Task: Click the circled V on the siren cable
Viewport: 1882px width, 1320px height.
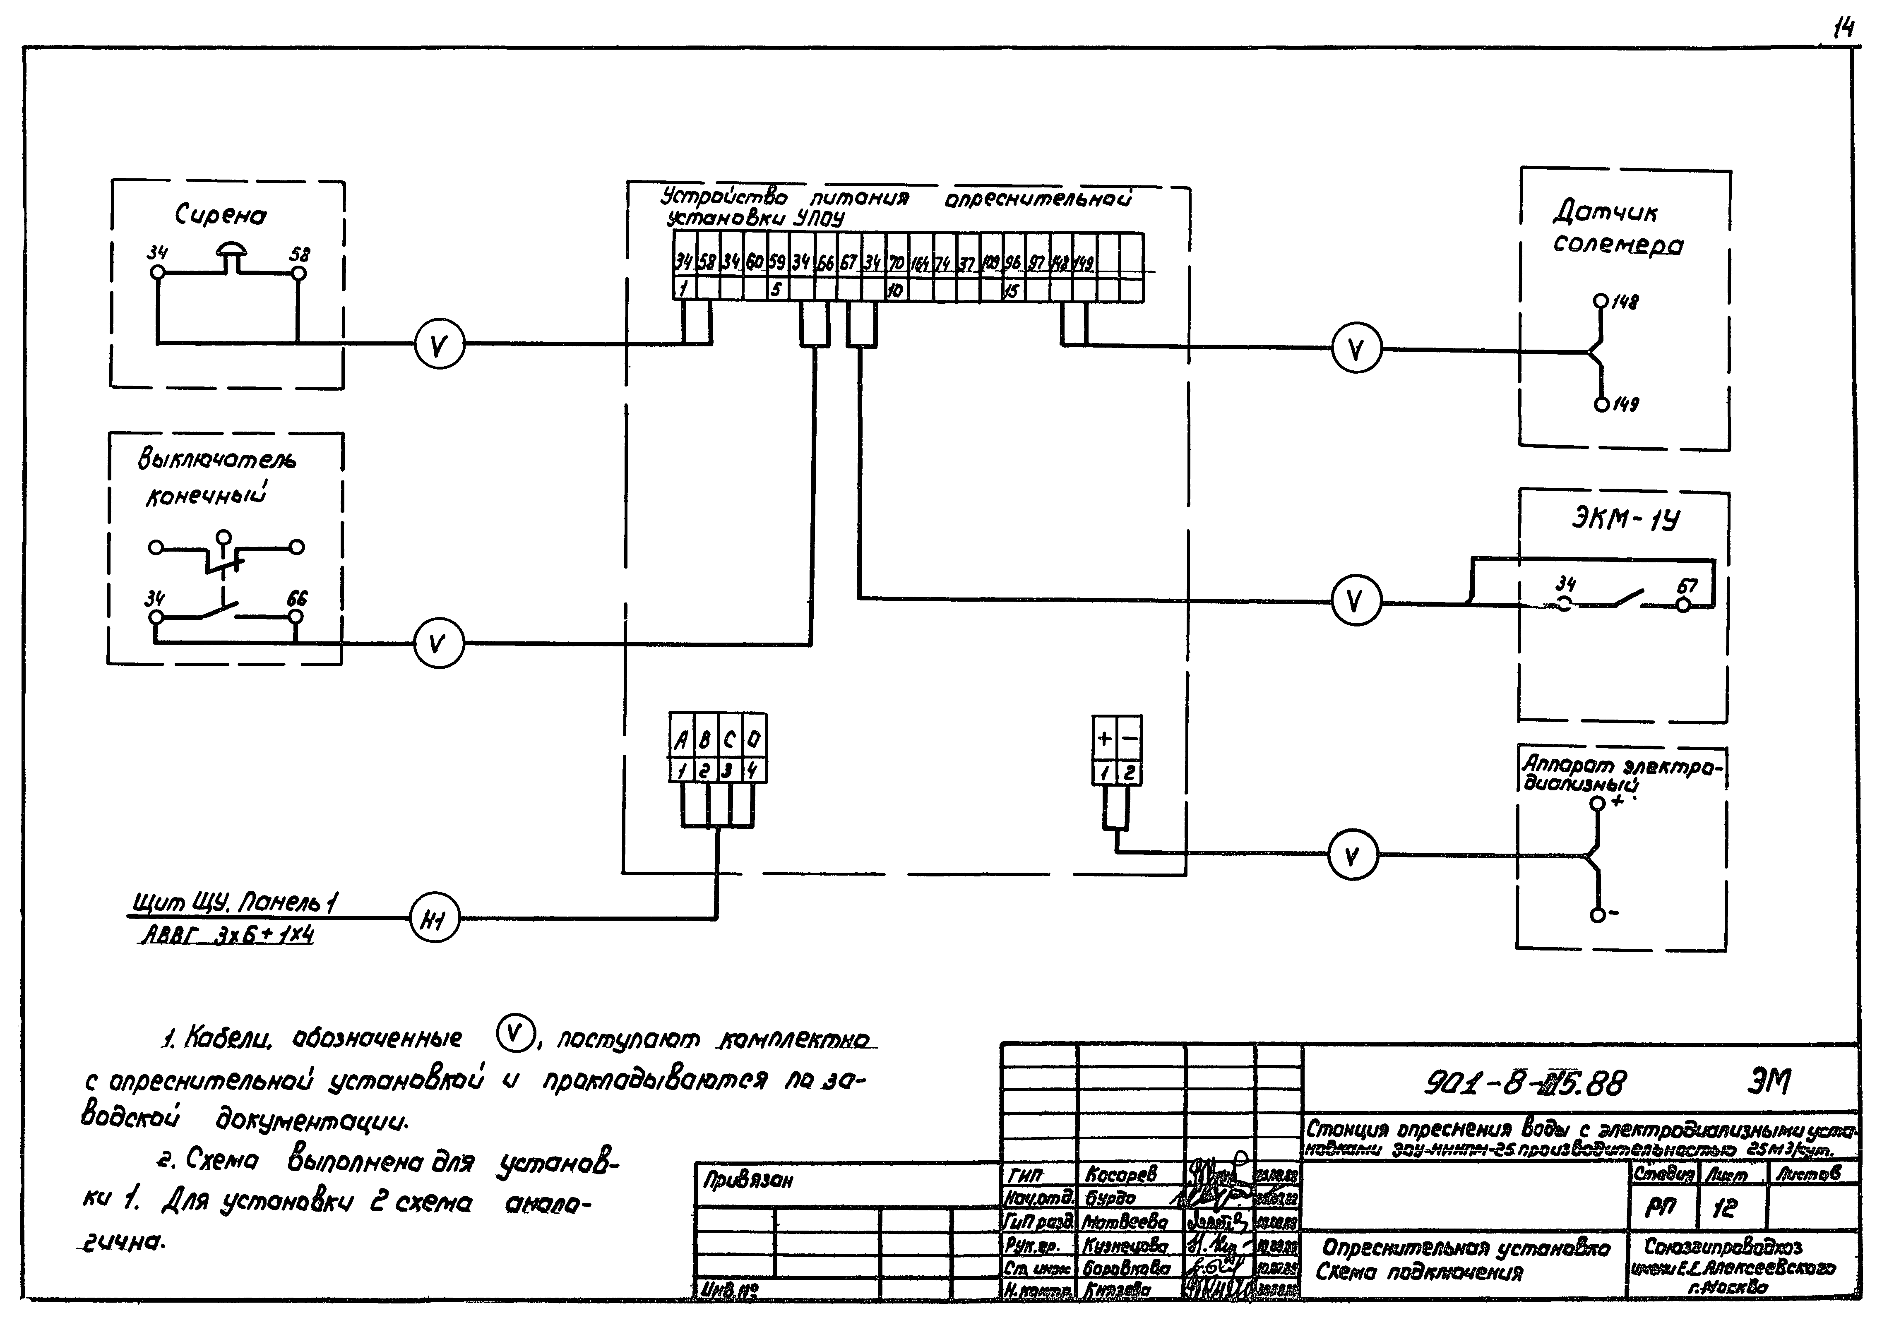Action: pos(439,347)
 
